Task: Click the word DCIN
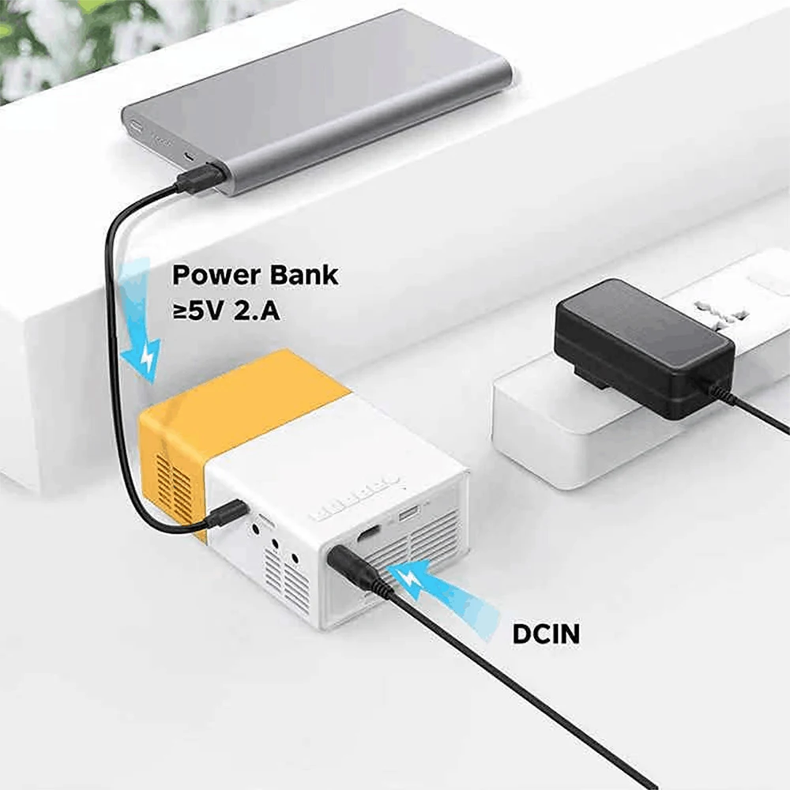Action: [x=546, y=634]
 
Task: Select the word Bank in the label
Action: [x=299, y=276]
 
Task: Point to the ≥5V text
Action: [x=200, y=310]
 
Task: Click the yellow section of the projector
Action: [x=237, y=403]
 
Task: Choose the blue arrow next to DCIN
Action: [x=446, y=592]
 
